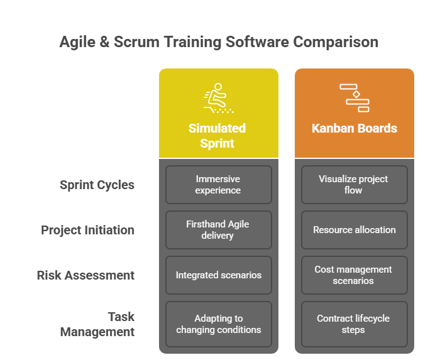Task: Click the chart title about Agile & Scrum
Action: pos(219,43)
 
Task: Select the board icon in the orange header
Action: pos(354,97)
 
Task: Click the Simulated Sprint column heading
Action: pos(217,136)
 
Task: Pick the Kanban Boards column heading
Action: pos(354,128)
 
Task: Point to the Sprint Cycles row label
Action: pos(97,185)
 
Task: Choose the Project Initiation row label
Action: pos(87,230)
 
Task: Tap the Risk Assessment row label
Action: pos(85,275)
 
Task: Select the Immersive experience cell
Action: pos(218,185)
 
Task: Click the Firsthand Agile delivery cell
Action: pos(218,230)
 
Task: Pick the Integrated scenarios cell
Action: pos(218,275)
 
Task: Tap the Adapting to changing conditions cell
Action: pos(218,324)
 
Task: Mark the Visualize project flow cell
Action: pos(354,185)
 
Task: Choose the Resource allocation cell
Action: pos(354,230)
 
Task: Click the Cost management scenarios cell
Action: pos(354,275)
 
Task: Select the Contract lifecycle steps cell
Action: pos(354,324)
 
